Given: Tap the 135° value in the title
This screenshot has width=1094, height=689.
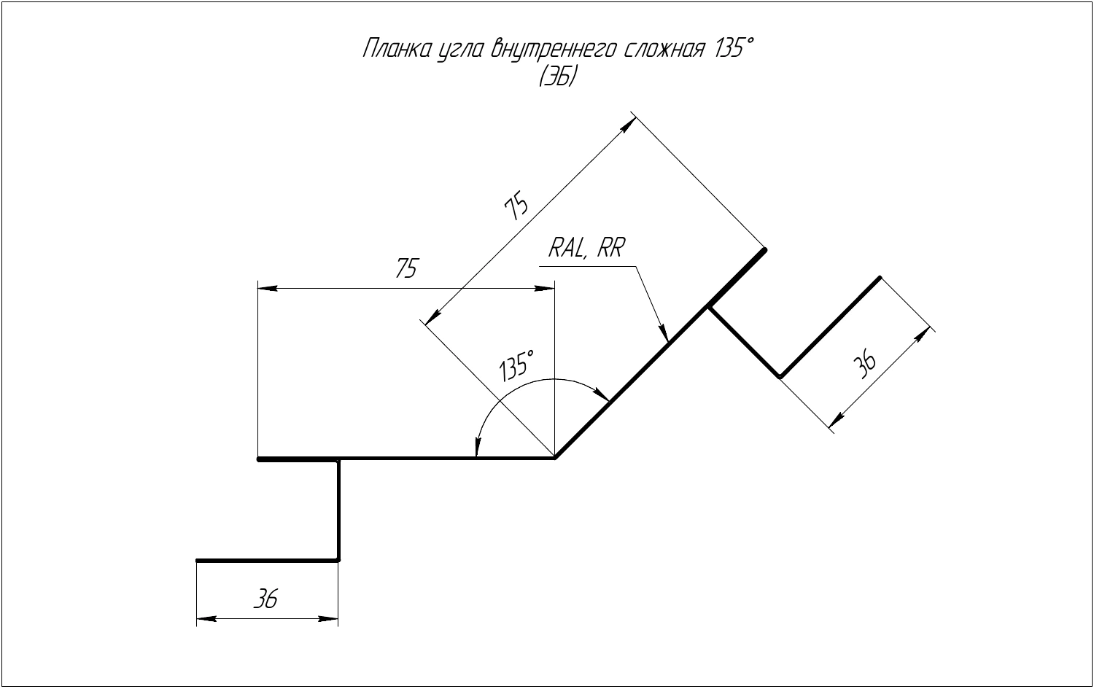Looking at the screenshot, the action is coord(735,48).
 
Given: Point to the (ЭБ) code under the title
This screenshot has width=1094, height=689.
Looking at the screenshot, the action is coord(558,76).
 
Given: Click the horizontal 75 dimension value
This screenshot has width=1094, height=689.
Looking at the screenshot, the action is coord(407,268).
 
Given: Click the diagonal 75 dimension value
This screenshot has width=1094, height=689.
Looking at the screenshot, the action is coord(516,206).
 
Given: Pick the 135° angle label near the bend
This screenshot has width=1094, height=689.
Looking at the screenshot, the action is coord(516,365).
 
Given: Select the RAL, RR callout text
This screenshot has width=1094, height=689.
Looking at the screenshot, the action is coord(586,249).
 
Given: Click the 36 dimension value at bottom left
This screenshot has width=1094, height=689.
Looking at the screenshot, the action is coord(265,599).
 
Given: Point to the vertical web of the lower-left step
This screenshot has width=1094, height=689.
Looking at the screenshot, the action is coord(338,510).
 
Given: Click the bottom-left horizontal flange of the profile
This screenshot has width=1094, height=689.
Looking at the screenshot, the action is coord(267,561).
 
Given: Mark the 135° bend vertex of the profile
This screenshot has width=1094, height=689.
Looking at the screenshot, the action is coord(554,459).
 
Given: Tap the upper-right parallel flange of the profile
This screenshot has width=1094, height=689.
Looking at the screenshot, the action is coord(830,327).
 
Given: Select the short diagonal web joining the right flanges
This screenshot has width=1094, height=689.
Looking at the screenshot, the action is coord(745,342).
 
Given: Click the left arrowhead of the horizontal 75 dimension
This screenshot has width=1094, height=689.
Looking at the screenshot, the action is coord(267,288).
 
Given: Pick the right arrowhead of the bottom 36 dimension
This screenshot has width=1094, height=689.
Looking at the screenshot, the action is coord(328,619).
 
